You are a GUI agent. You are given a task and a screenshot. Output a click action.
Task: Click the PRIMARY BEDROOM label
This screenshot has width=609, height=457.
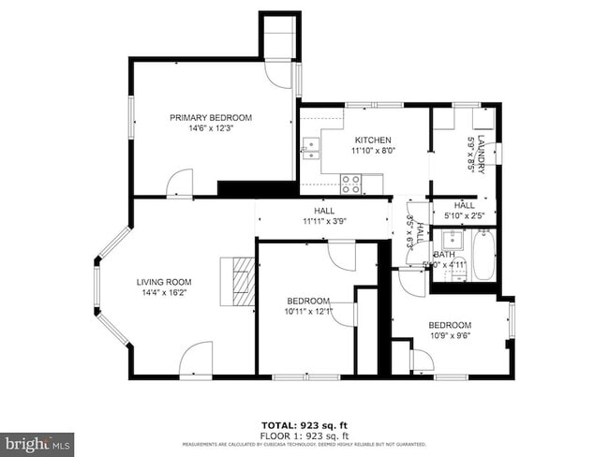210,117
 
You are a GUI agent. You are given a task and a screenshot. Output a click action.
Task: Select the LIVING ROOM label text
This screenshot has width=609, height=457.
164,282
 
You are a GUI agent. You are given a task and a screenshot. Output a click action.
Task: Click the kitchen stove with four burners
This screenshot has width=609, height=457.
351,184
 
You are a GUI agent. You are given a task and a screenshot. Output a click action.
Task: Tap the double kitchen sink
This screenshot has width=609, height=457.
311,147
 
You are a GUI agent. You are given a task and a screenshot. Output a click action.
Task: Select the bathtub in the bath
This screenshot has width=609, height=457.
483,256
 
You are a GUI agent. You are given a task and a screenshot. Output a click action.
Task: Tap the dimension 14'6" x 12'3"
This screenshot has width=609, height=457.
210,129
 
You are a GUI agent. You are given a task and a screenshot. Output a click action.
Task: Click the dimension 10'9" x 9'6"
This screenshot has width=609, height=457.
450,336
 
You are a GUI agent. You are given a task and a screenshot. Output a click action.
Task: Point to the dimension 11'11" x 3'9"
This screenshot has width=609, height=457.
325,222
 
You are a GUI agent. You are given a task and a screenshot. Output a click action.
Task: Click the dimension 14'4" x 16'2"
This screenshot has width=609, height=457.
164,293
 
